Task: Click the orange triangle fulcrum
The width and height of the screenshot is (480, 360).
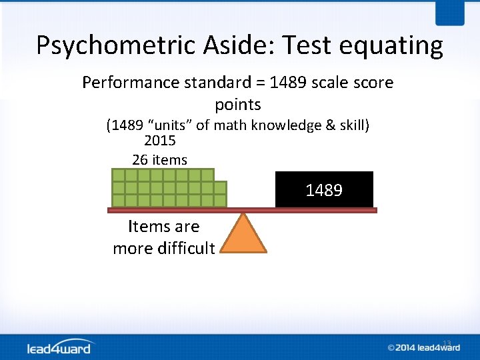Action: point(243,235)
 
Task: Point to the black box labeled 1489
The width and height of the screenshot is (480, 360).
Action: point(324,190)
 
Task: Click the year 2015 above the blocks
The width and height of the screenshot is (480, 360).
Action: point(160,141)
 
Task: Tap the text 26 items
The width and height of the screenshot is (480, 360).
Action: point(160,160)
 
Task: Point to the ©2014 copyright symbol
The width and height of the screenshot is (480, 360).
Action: point(392,347)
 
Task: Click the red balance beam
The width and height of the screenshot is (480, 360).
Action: point(243,210)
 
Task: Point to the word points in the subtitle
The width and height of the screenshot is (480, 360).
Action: point(238,105)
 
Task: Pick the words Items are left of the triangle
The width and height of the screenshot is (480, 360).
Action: point(163,227)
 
